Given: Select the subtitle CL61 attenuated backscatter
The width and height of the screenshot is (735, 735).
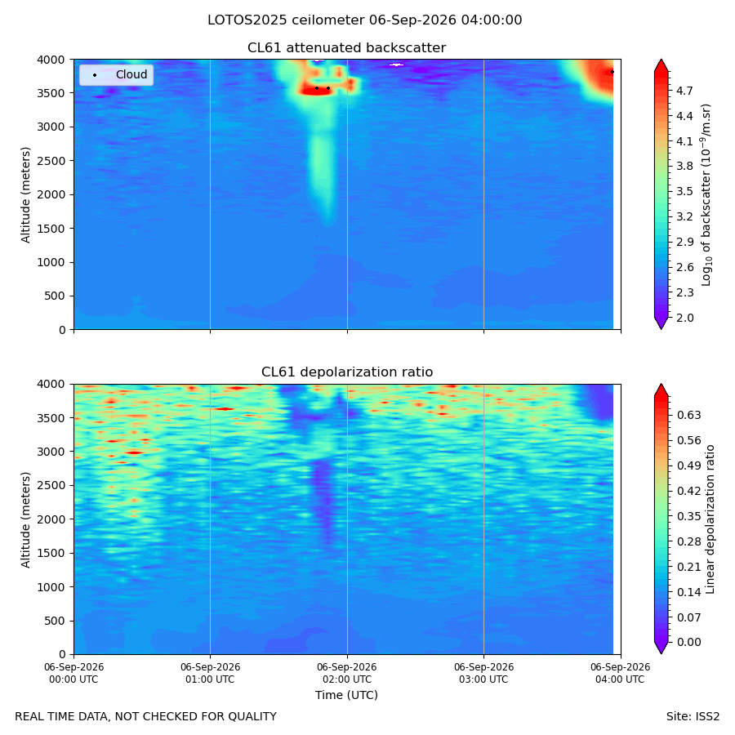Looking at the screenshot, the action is (346, 48).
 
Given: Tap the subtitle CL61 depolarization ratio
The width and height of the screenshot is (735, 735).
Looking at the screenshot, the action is (347, 372).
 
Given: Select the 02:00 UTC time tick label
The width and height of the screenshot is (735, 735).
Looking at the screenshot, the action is (347, 673).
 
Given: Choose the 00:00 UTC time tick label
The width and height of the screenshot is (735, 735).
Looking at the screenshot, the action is (73, 673).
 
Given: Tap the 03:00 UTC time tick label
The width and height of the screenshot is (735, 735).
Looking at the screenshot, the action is (483, 673).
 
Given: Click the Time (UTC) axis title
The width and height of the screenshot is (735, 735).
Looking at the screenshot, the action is (346, 695).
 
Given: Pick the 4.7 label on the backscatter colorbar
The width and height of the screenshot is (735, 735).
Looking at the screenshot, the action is (684, 91).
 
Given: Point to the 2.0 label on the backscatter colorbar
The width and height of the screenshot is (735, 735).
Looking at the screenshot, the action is (684, 318).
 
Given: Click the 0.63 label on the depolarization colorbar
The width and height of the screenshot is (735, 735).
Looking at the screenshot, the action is (689, 415).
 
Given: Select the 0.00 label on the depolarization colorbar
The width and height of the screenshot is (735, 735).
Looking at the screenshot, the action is (689, 642).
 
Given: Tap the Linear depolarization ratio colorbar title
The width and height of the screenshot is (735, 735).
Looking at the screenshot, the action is (710, 519).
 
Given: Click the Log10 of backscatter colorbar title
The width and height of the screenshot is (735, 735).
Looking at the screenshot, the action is (706, 195).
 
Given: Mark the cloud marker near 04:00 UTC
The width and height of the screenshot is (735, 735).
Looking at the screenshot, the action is (612, 72).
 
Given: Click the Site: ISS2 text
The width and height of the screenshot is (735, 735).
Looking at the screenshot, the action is (693, 716).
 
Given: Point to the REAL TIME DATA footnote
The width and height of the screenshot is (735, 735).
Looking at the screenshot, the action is (146, 716).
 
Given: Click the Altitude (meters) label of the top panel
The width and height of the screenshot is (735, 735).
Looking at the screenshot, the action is (25, 195).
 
